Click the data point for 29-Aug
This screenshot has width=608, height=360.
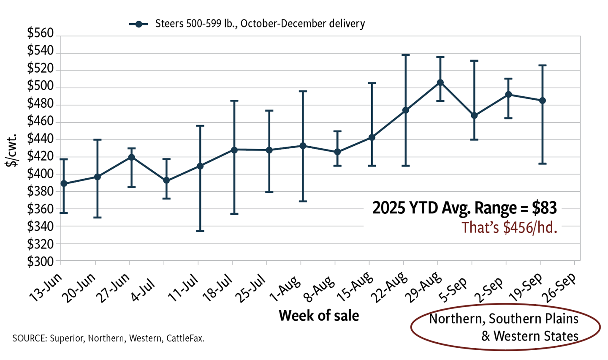pyautogui.click(x=440, y=82)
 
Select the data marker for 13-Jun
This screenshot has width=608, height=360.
pyautogui.click(x=64, y=183)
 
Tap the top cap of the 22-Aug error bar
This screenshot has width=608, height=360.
pyautogui.click(x=406, y=55)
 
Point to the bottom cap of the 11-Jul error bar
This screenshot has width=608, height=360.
pyautogui.click(x=200, y=231)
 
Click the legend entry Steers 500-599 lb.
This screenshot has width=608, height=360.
pyautogui.click(x=260, y=24)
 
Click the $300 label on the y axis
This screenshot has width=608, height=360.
pyautogui.click(x=41, y=262)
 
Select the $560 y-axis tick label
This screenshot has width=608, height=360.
pyautogui.click(x=41, y=33)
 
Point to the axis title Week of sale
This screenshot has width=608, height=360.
pyautogui.click(x=319, y=316)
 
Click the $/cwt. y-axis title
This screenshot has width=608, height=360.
pyautogui.click(x=13, y=150)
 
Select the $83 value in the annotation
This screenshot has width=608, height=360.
pyautogui.click(x=544, y=208)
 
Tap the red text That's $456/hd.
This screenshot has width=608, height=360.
pyautogui.click(x=509, y=227)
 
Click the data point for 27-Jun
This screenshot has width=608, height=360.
pyautogui.click(x=131, y=157)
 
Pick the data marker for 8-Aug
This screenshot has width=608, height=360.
pyautogui.click(x=337, y=152)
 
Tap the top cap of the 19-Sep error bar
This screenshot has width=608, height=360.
pyautogui.click(x=543, y=65)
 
